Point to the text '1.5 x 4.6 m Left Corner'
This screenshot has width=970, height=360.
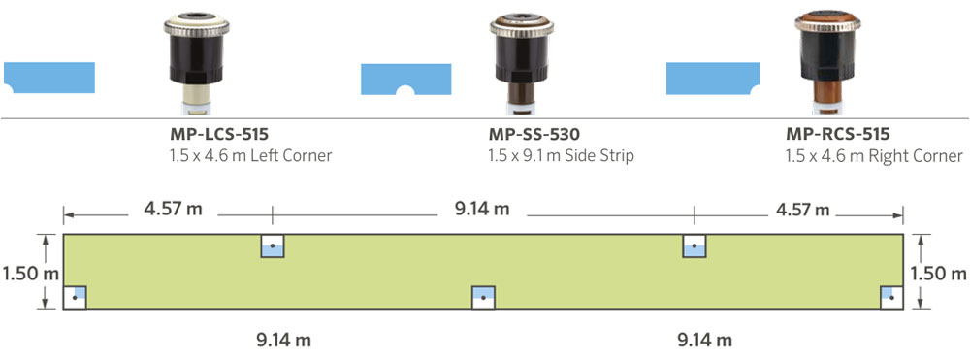[250, 156]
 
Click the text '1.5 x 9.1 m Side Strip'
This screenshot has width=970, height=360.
[562, 156]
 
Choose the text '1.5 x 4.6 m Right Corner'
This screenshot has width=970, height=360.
[874, 156]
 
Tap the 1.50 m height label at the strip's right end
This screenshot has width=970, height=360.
[939, 274]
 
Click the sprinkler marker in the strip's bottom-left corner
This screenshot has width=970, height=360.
[75, 297]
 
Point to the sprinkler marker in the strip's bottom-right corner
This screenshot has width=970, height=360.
[891, 297]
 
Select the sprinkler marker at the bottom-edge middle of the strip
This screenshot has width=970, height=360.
[483, 297]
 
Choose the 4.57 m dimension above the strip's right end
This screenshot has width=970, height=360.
[799, 209]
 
